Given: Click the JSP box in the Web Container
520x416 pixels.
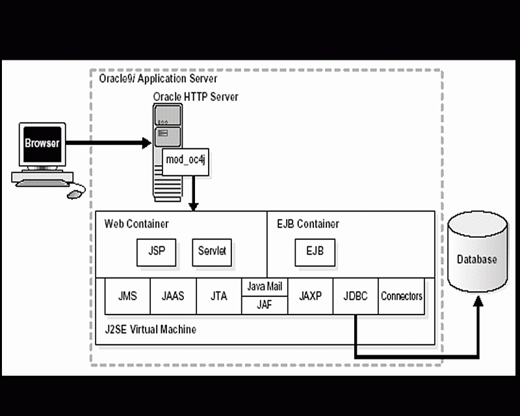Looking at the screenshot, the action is [156, 252].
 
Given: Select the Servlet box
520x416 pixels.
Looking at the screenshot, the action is [212, 252].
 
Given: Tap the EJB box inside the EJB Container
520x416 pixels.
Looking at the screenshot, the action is [315, 252].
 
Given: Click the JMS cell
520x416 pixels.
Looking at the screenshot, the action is [127, 296].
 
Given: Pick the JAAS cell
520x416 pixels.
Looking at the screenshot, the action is [173, 296].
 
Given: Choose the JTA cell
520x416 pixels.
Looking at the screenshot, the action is [219, 296].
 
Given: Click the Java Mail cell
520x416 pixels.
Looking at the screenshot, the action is [265, 287].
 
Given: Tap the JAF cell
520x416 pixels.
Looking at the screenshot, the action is [265, 305].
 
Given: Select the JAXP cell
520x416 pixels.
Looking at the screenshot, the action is [311, 296].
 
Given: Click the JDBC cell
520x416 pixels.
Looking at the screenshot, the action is [356, 296].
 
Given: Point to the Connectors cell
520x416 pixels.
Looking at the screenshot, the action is [401, 296].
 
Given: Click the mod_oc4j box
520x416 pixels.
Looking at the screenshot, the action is [185, 162].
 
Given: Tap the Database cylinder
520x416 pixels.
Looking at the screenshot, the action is [478, 252].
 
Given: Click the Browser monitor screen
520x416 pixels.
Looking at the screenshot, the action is [42, 144].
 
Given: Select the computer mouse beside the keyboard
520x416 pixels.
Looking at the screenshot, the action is [74, 194].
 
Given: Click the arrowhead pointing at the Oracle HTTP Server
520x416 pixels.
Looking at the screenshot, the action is [146, 143].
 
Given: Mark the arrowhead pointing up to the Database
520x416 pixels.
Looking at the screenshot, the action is [478, 301].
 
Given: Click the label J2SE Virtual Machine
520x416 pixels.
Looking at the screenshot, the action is [150, 330].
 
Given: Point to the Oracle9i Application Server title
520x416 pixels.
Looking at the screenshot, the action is [158, 79].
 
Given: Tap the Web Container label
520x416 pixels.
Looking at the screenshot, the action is [136, 224].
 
